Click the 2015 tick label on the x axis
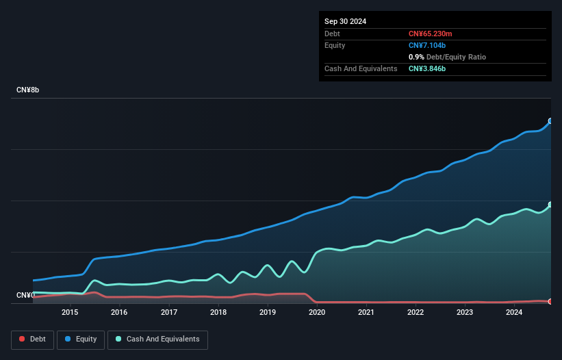[69, 313]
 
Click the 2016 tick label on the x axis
[119, 313]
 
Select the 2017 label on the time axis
[169, 313]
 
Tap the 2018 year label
[218, 313]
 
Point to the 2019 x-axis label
[268, 313]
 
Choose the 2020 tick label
[317, 313]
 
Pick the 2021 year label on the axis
[366, 313]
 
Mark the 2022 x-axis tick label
[416, 313]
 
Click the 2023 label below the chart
[465, 313]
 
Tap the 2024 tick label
[514, 313]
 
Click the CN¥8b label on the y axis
[28, 90]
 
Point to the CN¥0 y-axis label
[25, 295]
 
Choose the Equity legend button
[81, 339]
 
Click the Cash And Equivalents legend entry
[157, 339]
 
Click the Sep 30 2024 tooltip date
[345, 21]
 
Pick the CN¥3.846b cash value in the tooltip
[429, 68]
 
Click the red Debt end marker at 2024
[550, 301]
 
